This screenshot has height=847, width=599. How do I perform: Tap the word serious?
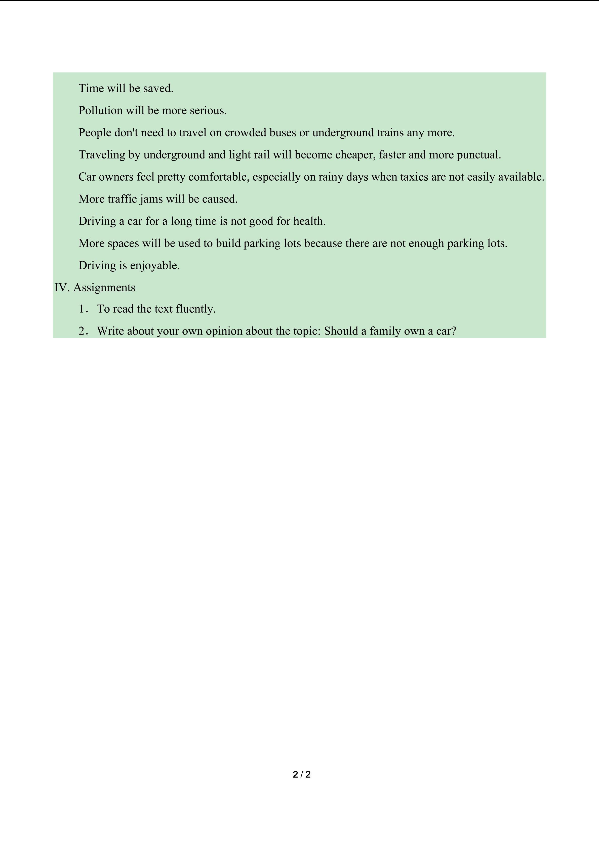point(208,111)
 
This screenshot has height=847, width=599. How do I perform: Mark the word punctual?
point(479,155)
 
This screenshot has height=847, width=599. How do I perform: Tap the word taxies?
point(414,177)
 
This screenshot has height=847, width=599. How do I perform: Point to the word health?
point(309,221)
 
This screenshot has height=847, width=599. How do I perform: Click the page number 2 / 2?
point(301,775)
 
